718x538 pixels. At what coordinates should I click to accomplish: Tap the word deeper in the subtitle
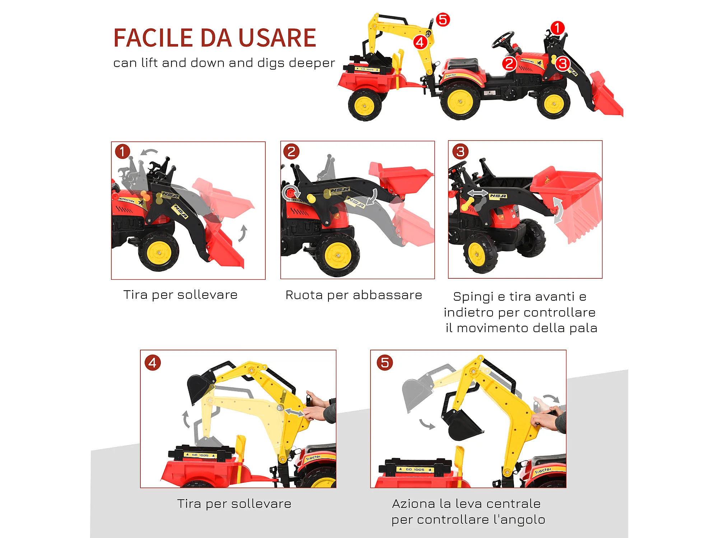tap(312, 63)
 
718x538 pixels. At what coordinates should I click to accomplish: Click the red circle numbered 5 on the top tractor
tap(443, 20)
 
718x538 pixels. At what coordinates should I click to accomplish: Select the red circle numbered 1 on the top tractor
tap(557, 28)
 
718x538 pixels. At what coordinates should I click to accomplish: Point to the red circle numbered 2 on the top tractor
tap(509, 64)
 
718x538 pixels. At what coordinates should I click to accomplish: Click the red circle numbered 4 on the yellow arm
tap(420, 42)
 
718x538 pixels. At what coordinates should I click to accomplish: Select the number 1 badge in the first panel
tap(122, 151)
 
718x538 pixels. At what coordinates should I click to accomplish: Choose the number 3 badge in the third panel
tap(460, 151)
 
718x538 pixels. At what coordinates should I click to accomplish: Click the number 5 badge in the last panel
tap(385, 363)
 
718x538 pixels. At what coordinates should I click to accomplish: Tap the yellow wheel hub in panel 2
tap(338, 255)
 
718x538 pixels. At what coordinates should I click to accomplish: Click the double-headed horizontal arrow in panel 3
tap(477, 193)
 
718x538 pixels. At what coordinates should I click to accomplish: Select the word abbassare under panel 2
tap(387, 295)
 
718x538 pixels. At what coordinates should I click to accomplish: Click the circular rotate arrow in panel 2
tap(290, 193)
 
